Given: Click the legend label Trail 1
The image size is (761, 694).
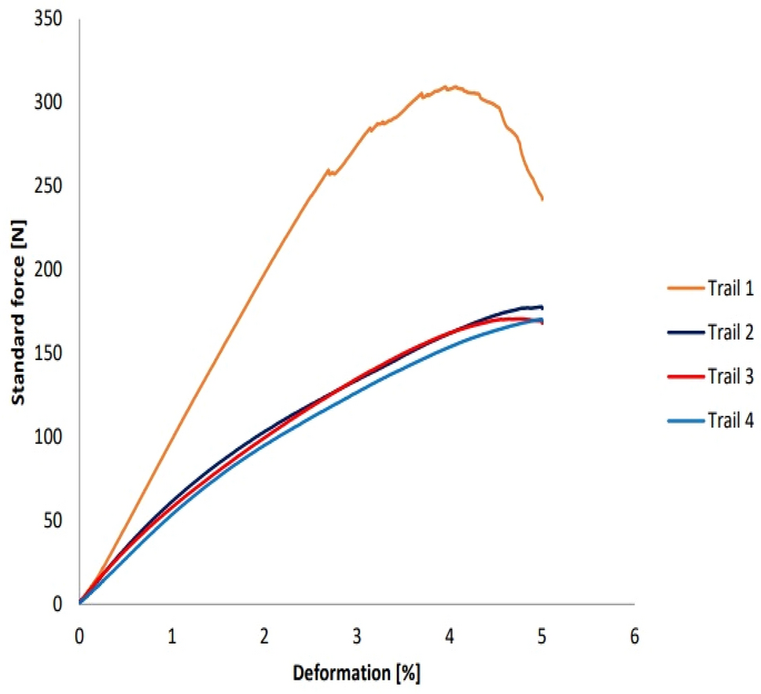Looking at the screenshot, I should (x=729, y=288).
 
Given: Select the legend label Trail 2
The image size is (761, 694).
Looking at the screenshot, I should (x=729, y=332).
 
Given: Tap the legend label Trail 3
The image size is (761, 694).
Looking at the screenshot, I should (x=729, y=377).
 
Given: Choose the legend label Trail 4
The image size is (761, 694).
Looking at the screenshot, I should (x=729, y=421).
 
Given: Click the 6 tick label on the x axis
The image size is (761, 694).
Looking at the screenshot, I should (x=634, y=634).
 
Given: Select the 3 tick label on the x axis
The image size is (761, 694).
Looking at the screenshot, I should (x=357, y=634).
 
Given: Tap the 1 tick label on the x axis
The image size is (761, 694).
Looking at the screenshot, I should (x=172, y=634).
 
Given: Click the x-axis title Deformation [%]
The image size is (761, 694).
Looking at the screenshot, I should (x=357, y=674).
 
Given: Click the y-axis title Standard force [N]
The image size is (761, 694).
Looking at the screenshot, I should (x=18, y=315).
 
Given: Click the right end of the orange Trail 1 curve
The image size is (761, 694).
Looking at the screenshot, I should (x=542, y=199).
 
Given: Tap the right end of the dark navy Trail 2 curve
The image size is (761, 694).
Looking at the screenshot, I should (x=542, y=307).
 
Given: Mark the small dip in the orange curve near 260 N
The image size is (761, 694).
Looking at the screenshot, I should (x=331, y=173).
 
